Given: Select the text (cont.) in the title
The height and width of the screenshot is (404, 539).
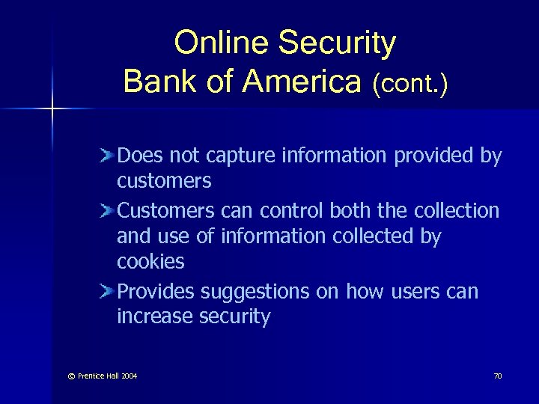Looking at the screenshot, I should click(409, 83).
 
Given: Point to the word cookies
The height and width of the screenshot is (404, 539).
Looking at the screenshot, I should click(150, 262).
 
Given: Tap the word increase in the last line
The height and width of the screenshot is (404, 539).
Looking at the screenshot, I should click(154, 316).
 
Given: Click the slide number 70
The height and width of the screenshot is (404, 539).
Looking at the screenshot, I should click(497, 376).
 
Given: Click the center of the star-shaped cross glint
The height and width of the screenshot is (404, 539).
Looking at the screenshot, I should click(53, 109).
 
